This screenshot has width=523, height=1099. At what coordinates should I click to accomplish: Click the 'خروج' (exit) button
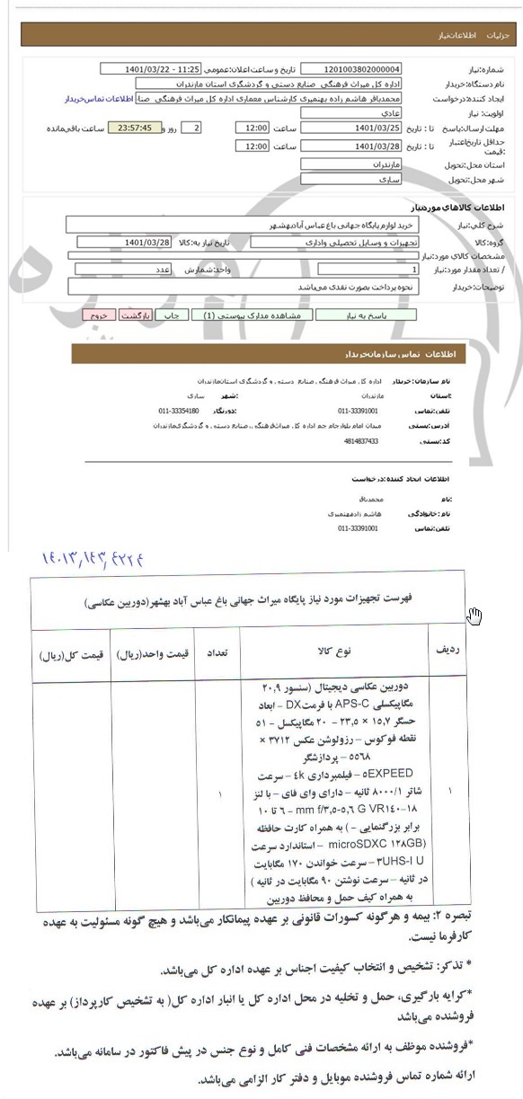click(x=100, y=315)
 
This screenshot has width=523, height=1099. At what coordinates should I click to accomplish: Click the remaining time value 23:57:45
click(x=134, y=128)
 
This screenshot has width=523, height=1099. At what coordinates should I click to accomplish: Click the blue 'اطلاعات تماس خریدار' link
click(x=100, y=99)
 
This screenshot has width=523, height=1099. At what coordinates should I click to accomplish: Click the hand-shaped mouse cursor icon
click(x=474, y=616)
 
